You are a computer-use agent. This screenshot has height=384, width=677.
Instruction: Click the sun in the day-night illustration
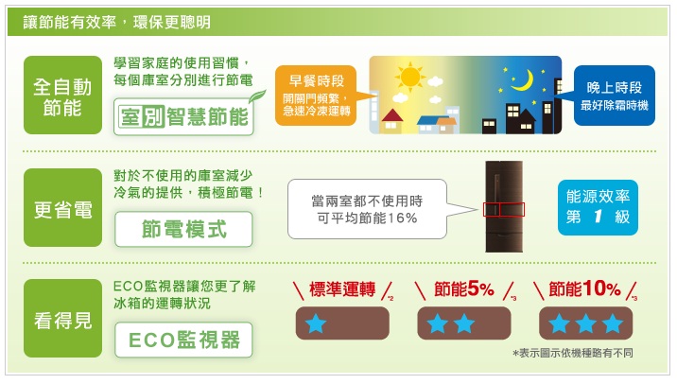409,78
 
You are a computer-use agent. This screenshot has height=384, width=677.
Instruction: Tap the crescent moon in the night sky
524,80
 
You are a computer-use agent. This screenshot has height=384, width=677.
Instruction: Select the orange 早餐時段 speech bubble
318,96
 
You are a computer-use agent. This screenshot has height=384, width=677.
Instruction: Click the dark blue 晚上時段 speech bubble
614,96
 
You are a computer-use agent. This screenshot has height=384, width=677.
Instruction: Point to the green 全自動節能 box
62,95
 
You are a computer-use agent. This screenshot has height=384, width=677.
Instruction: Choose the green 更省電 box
62,208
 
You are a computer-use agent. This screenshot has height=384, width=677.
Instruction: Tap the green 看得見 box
62,319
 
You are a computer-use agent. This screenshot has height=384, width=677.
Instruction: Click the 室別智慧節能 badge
184,116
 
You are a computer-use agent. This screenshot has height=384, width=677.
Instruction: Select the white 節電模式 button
183,229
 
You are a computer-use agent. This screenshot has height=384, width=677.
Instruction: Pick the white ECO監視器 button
183,340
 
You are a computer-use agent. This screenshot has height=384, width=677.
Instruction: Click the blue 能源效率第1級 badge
598,207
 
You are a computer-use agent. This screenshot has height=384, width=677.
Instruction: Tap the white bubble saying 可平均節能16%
367,209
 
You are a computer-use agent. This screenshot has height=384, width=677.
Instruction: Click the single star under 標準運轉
316,323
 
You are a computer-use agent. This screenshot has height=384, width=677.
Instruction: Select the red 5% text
480,288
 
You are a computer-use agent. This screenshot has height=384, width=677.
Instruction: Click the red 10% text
601,288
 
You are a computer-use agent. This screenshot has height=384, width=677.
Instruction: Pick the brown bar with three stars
586,323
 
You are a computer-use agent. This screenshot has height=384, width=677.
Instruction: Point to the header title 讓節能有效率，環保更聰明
116,22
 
